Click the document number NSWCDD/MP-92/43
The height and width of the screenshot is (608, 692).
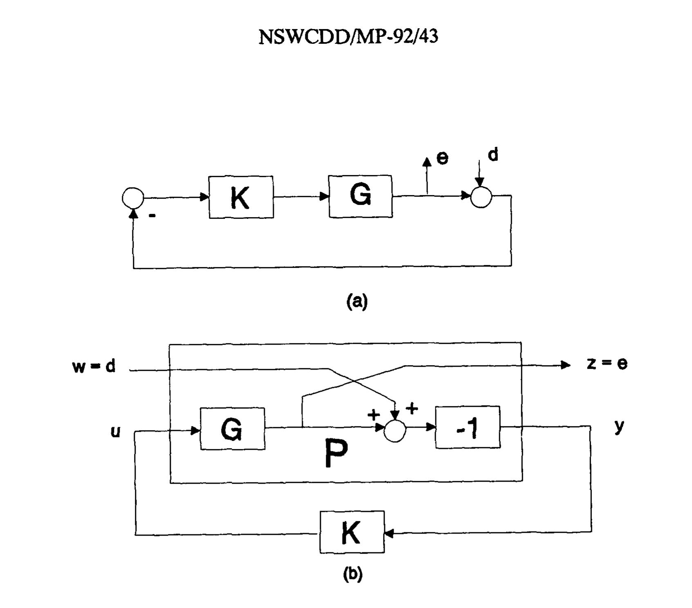[x=348, y=36]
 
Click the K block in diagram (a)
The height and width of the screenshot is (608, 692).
[x=241, y=197]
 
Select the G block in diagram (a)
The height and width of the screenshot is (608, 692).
[x=361, y=196]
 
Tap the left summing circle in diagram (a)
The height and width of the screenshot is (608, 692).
[x=133, y=198]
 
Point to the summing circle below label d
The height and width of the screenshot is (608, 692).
[x=481, y=197]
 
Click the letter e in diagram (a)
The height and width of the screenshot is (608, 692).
[x=442, y=157]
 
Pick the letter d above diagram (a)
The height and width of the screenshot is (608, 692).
[x=493, y=155]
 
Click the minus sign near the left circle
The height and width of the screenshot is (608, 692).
[x=152, y=215]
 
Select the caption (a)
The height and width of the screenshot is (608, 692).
[x=356, y=301]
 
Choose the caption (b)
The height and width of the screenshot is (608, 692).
[x=352, y=574]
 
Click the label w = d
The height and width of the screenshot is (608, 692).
[x=94, y=366]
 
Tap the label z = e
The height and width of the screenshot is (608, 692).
[x=607, y=363]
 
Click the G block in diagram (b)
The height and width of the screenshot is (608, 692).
[x=232, y=429]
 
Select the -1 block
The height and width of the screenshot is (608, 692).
[x=468, y=428]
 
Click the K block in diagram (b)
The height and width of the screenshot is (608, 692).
[x=352, y=532]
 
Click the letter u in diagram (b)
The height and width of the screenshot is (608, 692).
[x=116, y=431]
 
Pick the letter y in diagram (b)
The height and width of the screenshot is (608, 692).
[x=620, y=426]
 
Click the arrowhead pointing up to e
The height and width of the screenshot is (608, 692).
[x=427, y=162]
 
